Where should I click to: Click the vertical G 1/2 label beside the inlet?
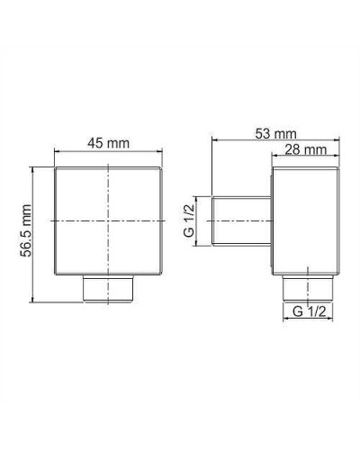[188, 219]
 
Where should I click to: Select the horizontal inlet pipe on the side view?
[241, 220]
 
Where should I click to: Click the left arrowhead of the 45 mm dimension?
[58, 152]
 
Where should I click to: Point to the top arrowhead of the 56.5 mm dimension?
[35, 167]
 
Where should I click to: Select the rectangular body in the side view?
[306, 220]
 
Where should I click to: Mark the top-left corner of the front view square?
[56, 166]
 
